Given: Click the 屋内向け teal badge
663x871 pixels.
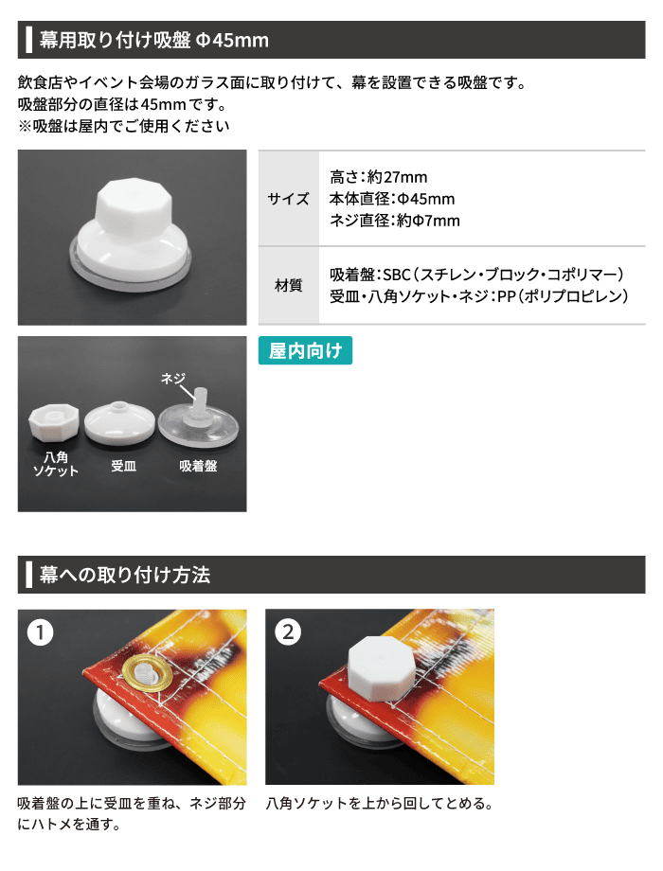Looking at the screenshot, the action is [x=305, y=350].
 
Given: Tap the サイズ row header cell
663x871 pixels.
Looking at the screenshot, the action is [x=289, y=198].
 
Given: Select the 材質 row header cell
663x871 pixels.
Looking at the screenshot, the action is [x=289, y=285].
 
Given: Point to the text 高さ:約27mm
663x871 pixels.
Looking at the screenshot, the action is [x=379, y=177].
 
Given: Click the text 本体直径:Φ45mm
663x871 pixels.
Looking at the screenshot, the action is [x=392, y=199].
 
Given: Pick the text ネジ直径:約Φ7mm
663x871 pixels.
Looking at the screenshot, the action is [x=395, y=221].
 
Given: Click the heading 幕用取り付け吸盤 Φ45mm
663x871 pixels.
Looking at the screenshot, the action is [x=154, y=40].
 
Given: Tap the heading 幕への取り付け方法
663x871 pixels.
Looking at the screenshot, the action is [x=125, y=575].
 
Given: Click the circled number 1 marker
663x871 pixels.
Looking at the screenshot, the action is [x=40, y=632].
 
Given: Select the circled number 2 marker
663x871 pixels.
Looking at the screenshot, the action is [x=288, y=632].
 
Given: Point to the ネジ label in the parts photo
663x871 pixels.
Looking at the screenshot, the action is [x=172, y=379].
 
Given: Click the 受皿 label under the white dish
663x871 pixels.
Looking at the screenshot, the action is [x=123, y=466].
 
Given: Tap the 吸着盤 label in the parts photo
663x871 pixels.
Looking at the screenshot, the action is [x=198, y=466].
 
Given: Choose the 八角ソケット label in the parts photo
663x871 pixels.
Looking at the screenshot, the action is [x=55, y=464].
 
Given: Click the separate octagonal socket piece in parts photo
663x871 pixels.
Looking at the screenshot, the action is [x=53, y=421].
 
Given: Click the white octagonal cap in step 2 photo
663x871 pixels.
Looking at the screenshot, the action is [x=382, y=667].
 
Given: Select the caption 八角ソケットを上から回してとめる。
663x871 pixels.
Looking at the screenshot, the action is [x=380, y=803].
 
